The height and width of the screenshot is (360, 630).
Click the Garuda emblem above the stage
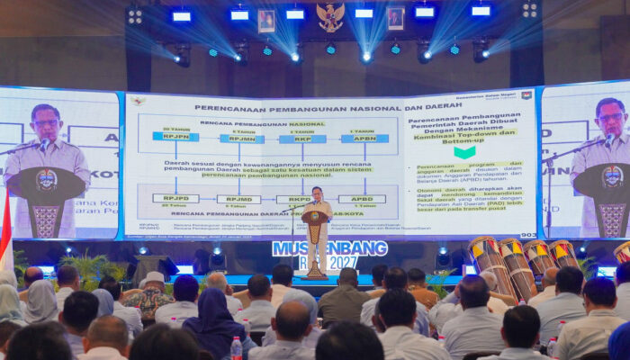click(330, 15)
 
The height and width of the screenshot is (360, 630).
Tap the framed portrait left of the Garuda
click(266, 21)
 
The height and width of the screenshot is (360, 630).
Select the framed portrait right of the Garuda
click(395, 18)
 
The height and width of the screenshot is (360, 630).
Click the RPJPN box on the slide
click(175, 137)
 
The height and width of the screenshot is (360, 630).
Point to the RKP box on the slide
click(302, 139)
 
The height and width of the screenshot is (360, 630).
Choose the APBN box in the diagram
click(364, 139)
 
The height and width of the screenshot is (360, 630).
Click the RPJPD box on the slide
click(175, 198)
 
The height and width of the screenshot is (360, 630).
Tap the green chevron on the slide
click(464, 151)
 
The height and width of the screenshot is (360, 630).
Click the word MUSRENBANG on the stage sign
click(329, 247)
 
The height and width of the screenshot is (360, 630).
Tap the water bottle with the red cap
click(236, 347)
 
